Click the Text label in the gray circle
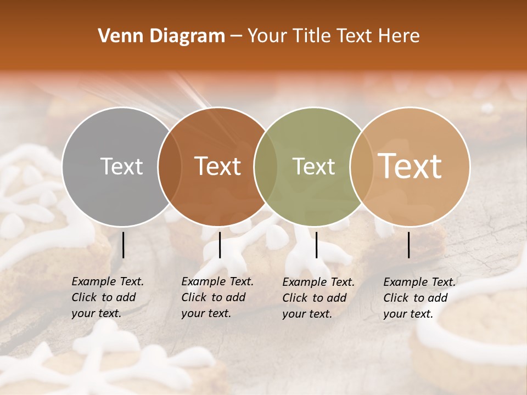(121, 166)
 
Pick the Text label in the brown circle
(218, 166)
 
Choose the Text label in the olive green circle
(313, 166)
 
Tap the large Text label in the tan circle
(410, 166)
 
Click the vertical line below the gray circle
(123, 245)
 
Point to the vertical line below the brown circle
(220, 245)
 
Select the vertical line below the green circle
(316, 245)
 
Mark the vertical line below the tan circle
(409, 245)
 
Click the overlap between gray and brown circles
(170, 167)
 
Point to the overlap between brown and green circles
(266, 167)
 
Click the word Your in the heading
(267, 36)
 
